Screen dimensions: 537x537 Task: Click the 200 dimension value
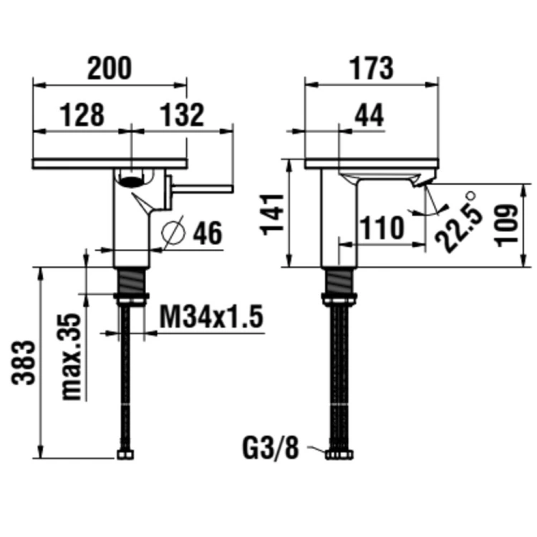tap(110, 69)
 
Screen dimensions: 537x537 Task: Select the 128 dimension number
tap(82, 115)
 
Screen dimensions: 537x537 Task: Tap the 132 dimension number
tap(182, 115)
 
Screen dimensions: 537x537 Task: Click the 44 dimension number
tap(369, 115)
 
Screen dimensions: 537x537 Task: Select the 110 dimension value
tap(381, 228)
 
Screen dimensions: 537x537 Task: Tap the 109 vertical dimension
tap(508, 225)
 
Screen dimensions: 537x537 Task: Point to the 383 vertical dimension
tap(24, 362)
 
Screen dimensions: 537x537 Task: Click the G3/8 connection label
tap(270, 449)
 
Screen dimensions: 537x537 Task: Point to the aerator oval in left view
tap(132, 179)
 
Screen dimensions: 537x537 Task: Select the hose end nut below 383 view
tap(127, 455)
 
